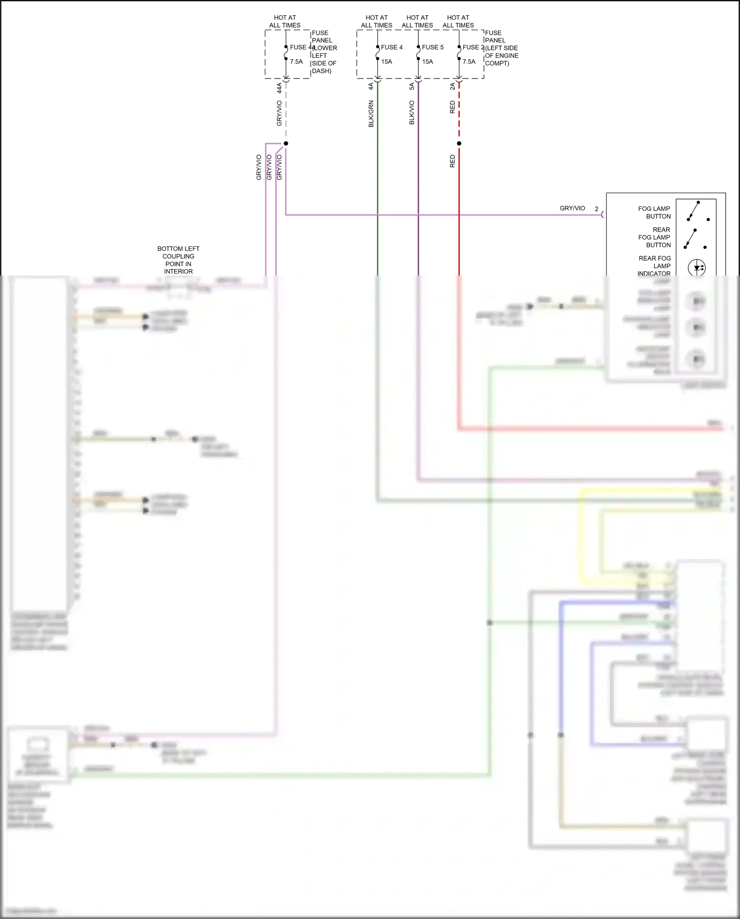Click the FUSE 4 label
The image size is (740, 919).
(x=391, y=47)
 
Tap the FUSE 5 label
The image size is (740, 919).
(x=432, y=47)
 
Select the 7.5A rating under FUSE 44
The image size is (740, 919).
(x=296, y=62)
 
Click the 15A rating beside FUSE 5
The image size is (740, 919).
(x=427, y=62)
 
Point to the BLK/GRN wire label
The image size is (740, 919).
(x=371, y=114)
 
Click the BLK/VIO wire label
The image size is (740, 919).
(x=412, y=112)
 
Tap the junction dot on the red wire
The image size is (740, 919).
(x=459, y=144)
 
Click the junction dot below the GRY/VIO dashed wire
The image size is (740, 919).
(x=286, y=144)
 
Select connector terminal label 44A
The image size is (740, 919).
(x=279, y=88)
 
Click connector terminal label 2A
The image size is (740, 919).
(x=452, y=86)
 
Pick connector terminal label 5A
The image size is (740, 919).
(x=412, y=86)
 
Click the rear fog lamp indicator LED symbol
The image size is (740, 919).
(x=697, y=268)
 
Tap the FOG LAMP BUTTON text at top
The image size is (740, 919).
(x=654, y=212)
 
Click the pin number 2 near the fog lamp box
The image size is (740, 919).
(x=596, y=209)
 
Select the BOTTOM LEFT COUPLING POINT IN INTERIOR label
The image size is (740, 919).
(x=178, y=260)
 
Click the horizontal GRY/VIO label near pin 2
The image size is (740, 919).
(x=572, y=208)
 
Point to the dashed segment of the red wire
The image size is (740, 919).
(x=459, y=111)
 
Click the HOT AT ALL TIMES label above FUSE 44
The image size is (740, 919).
(x=285, y=21)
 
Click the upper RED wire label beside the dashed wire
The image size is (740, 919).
(x=452, y=107)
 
